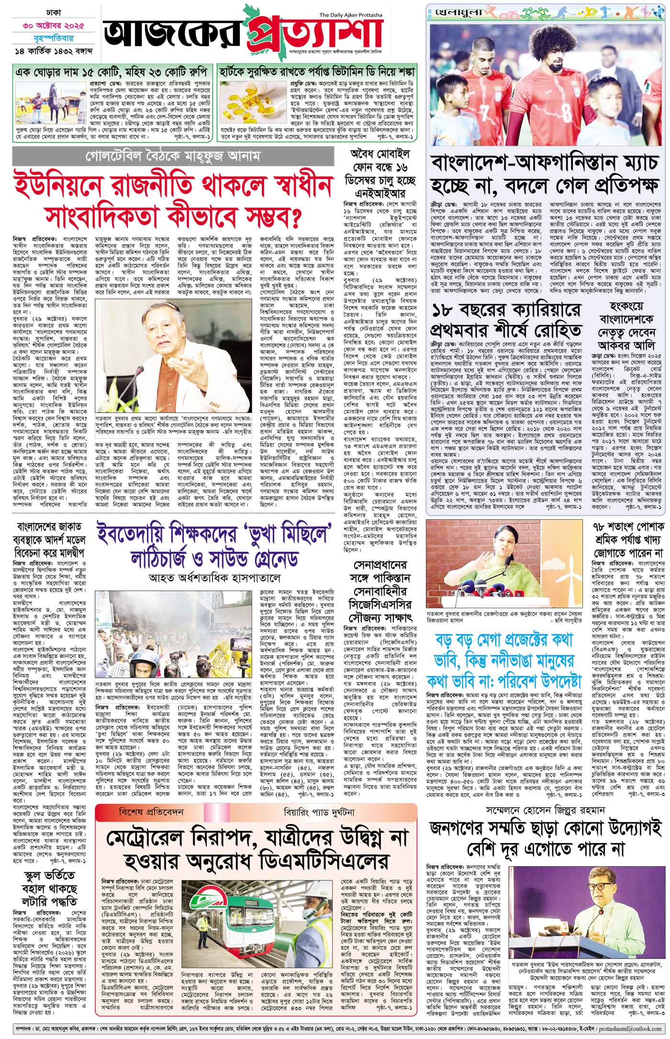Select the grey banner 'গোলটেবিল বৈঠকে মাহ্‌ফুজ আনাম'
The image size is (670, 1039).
pyautogui.click(x=172, y=157)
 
